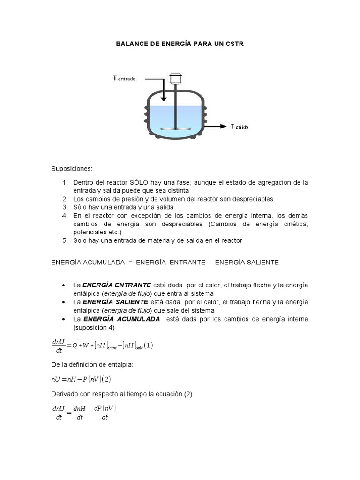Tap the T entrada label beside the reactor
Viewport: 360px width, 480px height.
click(x=124, y=79)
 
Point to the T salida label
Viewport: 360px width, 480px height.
click(x=240, y=127)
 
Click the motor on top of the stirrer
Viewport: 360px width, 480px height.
click(x=175, y=78)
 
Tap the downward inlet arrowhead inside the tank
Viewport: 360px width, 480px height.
click(x=163, y=98)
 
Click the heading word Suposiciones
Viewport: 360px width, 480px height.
click(x=72, y=169)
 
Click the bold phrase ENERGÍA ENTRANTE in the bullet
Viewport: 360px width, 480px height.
click(x=117, y=285)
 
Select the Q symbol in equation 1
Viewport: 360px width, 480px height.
click(x=75, y=346)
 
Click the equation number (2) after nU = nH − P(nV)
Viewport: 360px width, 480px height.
click(x=106, y=379)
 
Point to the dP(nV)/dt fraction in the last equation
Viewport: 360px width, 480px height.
click(x=105, y=412)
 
